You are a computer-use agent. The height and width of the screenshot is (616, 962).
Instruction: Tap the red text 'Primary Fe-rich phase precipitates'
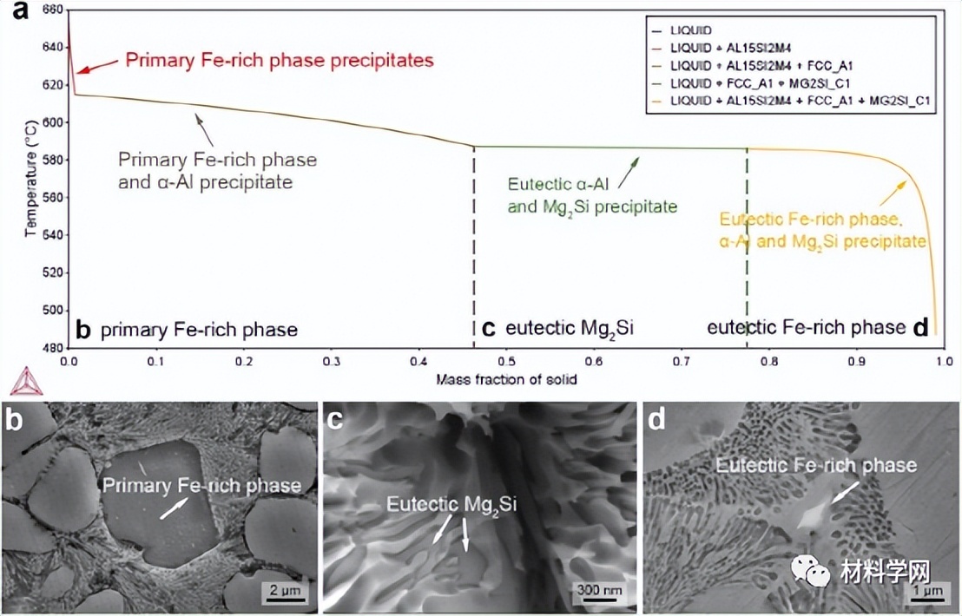280,61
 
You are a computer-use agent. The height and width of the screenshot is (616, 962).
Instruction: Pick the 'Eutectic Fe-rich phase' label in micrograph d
816,466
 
